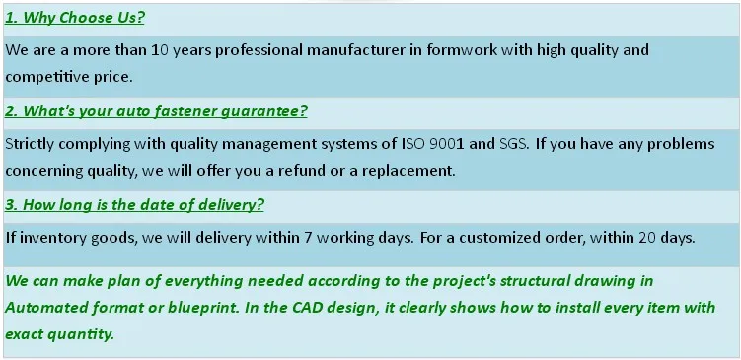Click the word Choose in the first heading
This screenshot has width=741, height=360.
point(86,18)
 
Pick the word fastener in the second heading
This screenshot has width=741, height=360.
point(186,111)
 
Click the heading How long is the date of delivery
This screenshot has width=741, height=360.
point(134,205)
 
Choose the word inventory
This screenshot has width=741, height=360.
point(50,237)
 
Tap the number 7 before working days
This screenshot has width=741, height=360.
point(308,237)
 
